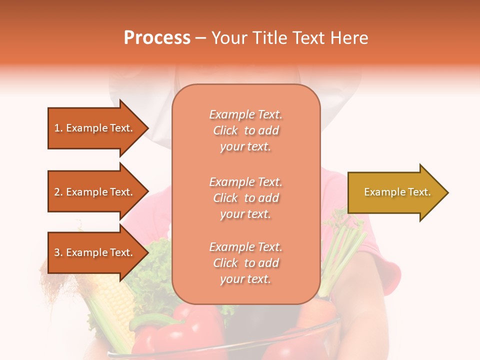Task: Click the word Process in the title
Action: pyautogui.click(x=157, y=38)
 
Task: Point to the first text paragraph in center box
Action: pyautogui.click(x=245, y=130)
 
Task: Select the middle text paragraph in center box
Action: pyautogui.click(x=245, y=198)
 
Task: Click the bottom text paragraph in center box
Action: pyautogui.click(x=245, y=263)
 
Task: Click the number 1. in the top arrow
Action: pyautogui.click(x=58, y=128)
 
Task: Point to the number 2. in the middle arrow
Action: pyautogui.click(x=58, y=192)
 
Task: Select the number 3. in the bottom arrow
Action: pyautogui.click(x=58, y=252)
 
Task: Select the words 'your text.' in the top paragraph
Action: pyautogui.click(x=245, y=147)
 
